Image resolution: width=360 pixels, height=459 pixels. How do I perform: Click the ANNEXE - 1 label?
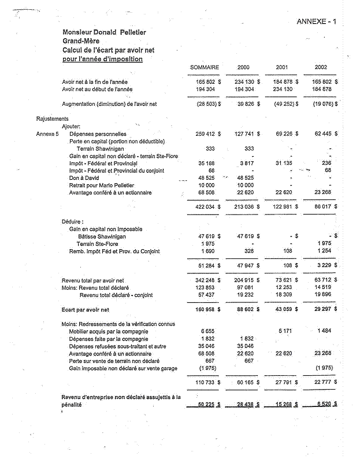pos(316,22)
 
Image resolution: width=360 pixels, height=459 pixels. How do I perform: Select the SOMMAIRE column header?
pos(204,68)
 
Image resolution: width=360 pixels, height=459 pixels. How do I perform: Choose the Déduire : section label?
pos(73,221)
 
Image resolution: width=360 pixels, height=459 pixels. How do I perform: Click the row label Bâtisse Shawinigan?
pos(102,236)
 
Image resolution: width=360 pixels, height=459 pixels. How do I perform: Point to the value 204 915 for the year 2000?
pos(244,280)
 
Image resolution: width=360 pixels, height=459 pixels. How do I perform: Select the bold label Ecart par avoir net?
pos(86,310)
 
